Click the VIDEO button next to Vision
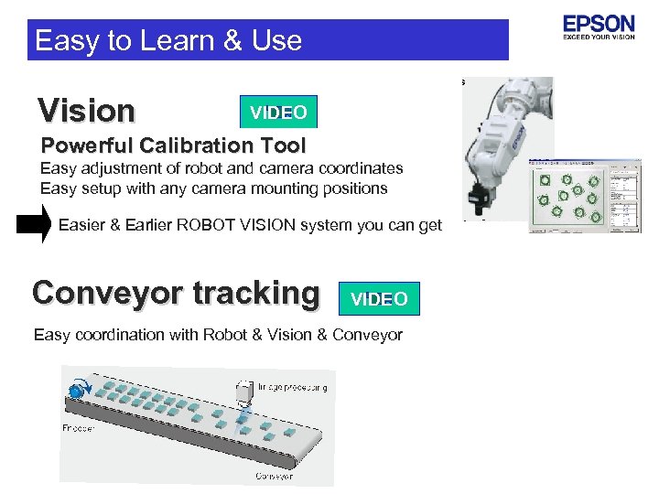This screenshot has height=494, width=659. pyautogui.click(x=278, y=113)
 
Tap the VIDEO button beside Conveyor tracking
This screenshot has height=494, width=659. pyautogui.click(x=379, y=299)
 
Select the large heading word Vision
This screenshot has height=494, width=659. pyautogui.click(x=86, y=111)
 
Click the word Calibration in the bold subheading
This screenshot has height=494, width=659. pyautogui.click(x=189, y=145)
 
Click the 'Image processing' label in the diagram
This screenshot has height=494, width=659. pyautogui.click(x=292, y=387)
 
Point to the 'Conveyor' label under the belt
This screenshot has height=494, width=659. pyautogui.click(x=274, y=476)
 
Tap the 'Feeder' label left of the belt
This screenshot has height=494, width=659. pyautogui.click(x=78, y=427)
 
